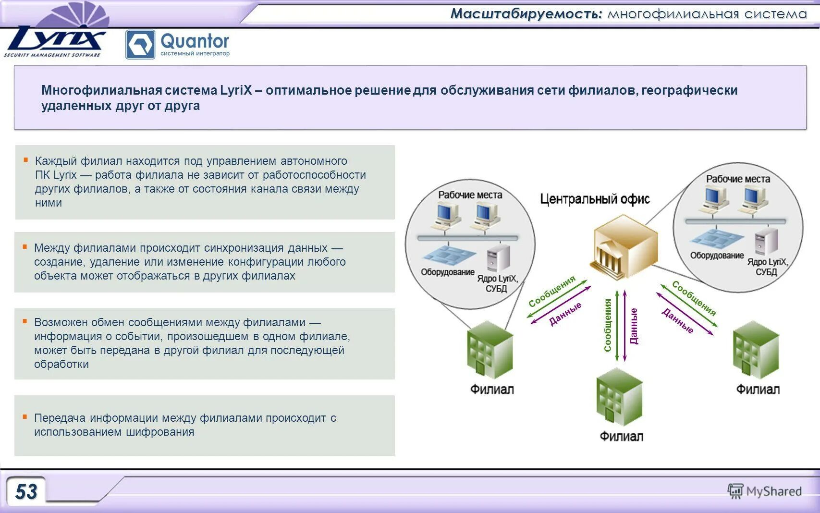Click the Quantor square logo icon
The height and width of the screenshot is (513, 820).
coord(140,45)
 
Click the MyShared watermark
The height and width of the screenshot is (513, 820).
coord(765,491)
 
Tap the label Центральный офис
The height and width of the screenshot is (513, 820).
coord(595,199)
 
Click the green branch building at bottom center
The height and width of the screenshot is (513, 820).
coord(619,397)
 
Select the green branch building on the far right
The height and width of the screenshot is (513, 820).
coord(756,350)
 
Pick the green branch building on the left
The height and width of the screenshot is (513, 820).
coord(490,350)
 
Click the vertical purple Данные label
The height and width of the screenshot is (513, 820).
coord(634,326)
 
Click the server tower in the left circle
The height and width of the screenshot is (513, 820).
coord(498,258)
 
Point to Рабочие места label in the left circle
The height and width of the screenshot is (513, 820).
coord(470,195)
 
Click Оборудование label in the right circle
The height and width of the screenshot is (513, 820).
coord(716,256)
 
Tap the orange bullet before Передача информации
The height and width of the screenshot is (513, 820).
coord(25,417)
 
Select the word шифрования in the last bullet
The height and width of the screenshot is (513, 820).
coord(160,432)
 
